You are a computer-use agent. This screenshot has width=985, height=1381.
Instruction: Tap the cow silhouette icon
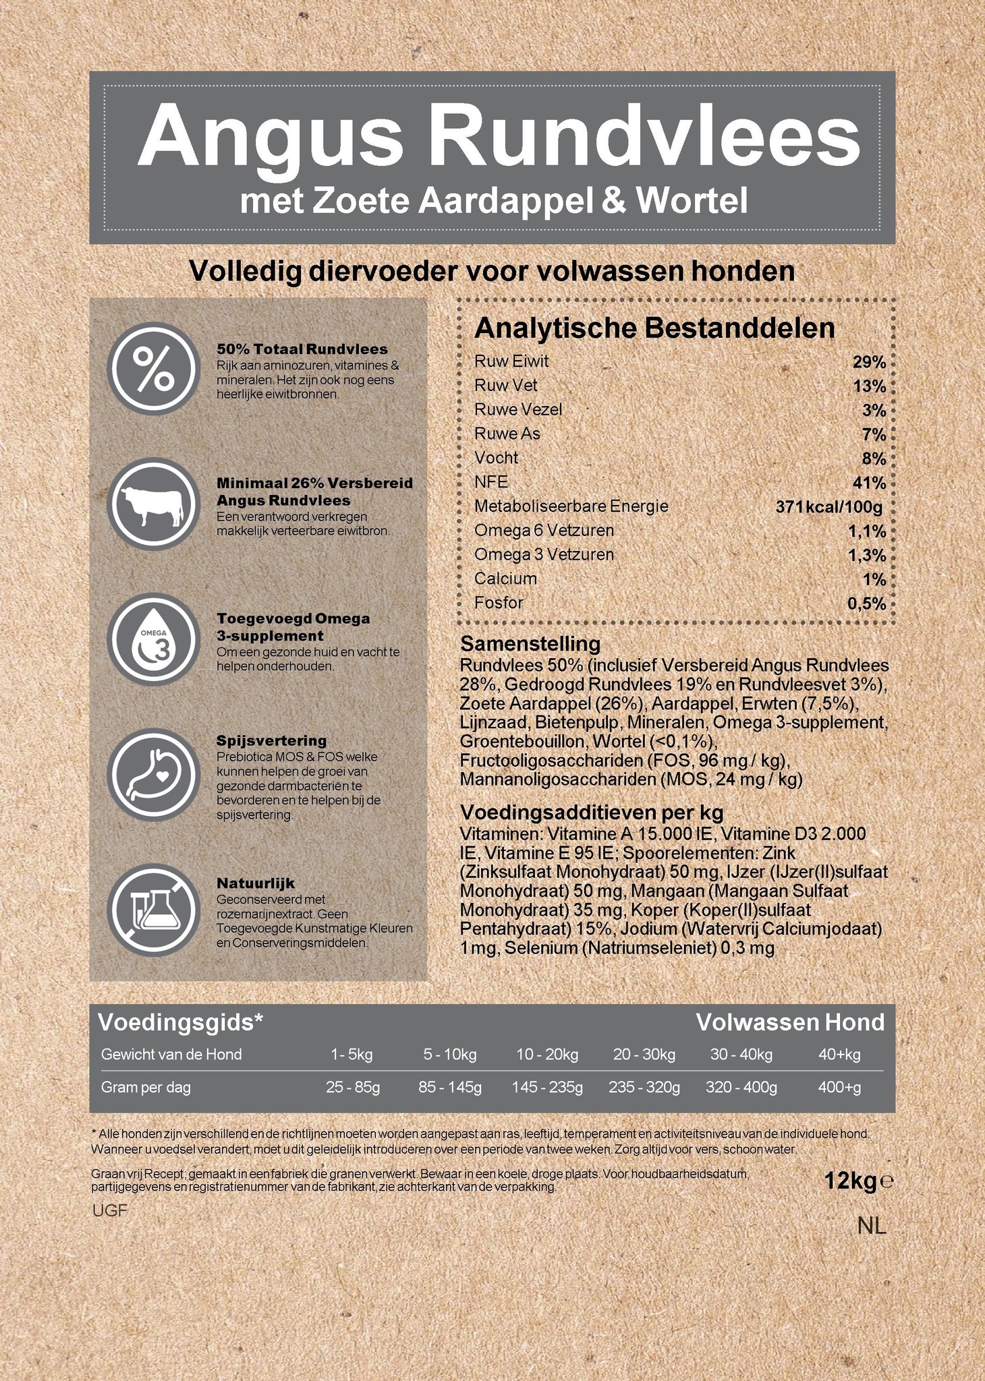point(154,504)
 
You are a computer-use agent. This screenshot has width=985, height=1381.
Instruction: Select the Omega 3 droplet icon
point(154,639)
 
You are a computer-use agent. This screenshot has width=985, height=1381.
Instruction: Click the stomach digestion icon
point(154,774)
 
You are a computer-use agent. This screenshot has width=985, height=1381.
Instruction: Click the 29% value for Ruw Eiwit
point(869,362)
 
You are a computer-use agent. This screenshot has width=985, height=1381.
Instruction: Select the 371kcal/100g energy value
point(828,506)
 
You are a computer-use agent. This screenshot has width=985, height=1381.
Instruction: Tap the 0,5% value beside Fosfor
point(866,604)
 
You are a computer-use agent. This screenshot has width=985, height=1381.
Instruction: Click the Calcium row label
point(505,579)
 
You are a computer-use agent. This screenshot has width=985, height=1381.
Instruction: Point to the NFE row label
point(490,481)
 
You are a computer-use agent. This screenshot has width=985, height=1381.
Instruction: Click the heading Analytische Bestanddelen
point(654,328)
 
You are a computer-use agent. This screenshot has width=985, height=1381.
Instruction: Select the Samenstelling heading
point(530,643)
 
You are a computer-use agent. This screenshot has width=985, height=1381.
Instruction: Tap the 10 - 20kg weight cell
point(547,1055)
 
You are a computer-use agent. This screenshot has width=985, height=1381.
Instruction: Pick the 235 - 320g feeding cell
point(644,1087)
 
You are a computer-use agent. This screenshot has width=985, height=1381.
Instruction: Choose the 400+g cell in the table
point(839,1087)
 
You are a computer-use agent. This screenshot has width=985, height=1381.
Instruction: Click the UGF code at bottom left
point(109,1210)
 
